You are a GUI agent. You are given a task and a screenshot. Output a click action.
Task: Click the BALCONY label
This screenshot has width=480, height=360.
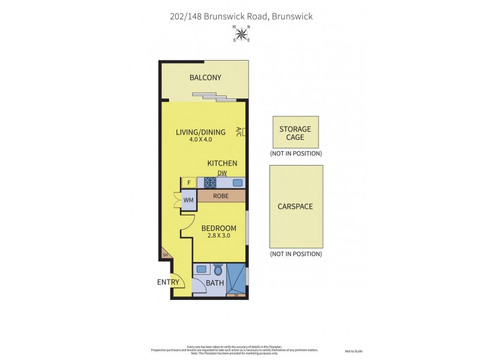tap(205, 77)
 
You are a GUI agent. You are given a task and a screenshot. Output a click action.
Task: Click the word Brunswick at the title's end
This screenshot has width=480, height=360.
tap(292, 16)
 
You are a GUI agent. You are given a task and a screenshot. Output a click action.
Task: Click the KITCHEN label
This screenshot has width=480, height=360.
tap(222, 163)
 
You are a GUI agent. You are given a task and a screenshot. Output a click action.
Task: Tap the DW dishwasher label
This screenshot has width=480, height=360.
tap(222, 173)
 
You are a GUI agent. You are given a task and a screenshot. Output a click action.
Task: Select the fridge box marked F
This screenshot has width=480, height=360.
tap(189, 183)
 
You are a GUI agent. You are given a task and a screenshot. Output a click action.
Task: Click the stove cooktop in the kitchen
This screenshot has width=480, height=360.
tap(211, 183)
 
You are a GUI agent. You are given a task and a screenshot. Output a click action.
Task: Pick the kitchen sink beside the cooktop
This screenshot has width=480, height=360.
tap(238, 183)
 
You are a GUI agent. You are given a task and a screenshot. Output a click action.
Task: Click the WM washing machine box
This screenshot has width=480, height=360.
tap(188, 200)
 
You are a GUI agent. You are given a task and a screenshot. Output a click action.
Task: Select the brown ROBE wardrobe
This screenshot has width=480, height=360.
tap(221, 196)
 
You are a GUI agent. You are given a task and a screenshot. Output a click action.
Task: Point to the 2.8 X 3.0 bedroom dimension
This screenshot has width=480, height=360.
tap(218, 236)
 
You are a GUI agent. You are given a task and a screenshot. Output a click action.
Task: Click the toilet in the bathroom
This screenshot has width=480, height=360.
tap(218, 269)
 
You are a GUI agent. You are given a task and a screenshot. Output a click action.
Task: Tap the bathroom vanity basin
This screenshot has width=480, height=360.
tap(202, 269)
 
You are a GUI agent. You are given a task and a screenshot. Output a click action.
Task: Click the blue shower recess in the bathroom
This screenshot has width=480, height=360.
tap(237, 280)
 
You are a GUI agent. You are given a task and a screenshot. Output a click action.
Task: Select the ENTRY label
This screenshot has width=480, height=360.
tap(169, 282)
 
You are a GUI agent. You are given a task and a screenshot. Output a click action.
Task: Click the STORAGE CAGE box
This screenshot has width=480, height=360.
tap(295, 133)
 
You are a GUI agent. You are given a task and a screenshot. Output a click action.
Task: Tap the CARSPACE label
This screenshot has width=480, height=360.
tap(295, 206)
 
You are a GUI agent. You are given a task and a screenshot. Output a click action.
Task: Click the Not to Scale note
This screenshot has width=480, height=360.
tap(354, 351)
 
